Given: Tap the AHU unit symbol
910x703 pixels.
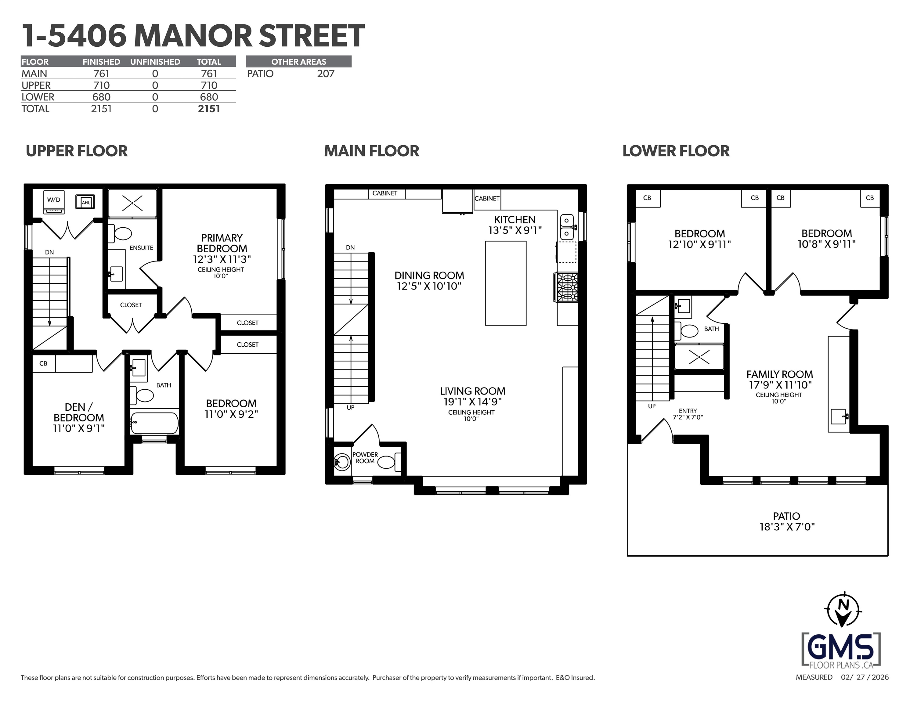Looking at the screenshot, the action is (85, 202).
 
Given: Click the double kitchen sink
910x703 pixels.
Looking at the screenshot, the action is (567, 227).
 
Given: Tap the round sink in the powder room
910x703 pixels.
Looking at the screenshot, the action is (342, 462).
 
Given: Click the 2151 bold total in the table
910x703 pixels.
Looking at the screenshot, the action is (209, 109).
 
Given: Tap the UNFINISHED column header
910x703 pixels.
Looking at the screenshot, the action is (155, 62).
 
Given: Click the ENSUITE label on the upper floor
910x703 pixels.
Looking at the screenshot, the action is (141, 247).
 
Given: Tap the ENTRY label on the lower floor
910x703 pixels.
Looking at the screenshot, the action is (688, 411).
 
